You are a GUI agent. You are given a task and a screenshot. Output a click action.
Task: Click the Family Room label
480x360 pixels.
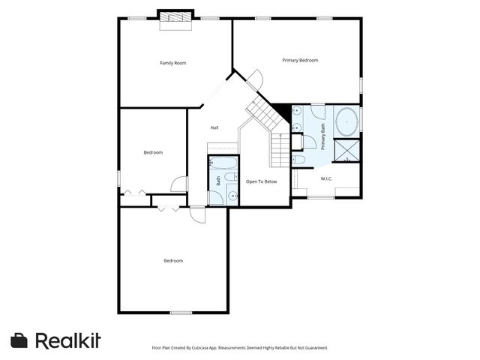pyautogui.click(x=173, y=63)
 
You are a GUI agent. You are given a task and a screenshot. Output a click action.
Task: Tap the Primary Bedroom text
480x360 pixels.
pyautogui.click(x=300, y=60)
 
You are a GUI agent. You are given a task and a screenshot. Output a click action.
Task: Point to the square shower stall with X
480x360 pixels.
pyautogui.click(x=347, y=151)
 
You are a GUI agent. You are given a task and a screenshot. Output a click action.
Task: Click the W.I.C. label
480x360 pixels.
pyautogui.click(x=326, y=178)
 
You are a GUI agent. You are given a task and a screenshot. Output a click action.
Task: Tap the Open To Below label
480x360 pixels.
pyautogui.click(x=262, y=181)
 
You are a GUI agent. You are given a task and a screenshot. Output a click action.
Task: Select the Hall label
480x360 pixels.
pyautogui.click(x=214, y=127)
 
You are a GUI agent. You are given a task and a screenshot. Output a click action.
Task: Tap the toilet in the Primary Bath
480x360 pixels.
pyautogui.click(x=298, y=159)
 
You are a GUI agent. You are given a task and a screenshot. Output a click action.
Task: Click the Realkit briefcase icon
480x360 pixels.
pyautogui.click(x=19, y=340)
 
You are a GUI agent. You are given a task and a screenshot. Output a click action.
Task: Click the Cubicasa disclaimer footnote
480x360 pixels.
pyautogui.click(x=239, y=348)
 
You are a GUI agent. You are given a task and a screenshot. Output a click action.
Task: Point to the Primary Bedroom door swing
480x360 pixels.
pyautogui.click(x=256, y=77)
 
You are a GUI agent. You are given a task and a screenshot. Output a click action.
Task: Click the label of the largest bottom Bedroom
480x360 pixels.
pyautogui.click(x=173, y=261)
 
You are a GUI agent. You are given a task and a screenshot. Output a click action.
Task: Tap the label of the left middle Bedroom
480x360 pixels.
pyautogui.click(x=153, y=152)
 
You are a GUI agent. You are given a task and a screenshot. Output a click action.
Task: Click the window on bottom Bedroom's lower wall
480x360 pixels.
pyautogui.click(x=181, y=313)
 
